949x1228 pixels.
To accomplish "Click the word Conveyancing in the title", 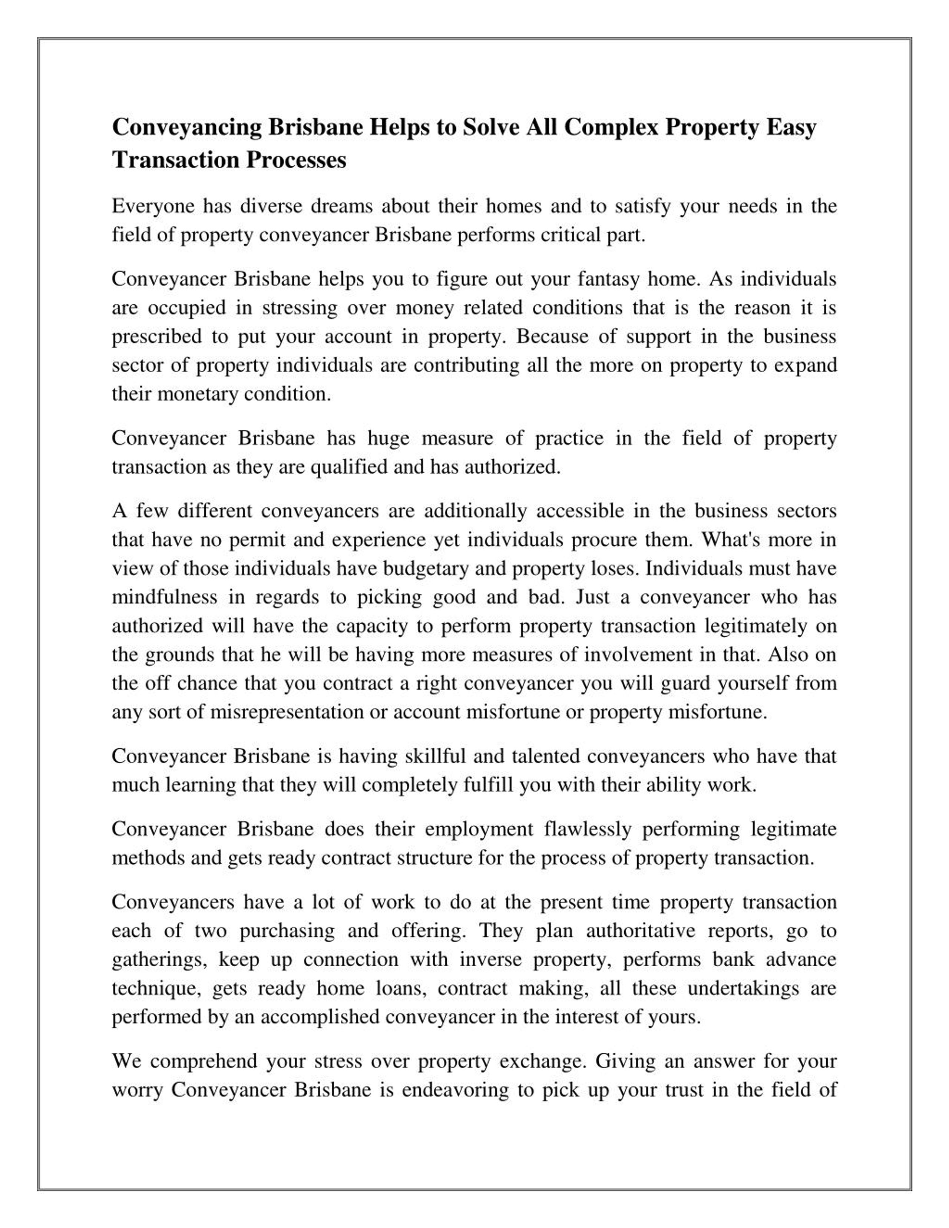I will click(x=187, y=128).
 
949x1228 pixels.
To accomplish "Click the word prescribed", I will click(x=156, y=336).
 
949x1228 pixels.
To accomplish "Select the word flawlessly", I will click(x=588, y=829).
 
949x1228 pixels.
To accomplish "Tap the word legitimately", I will click(x=754, y=626).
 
